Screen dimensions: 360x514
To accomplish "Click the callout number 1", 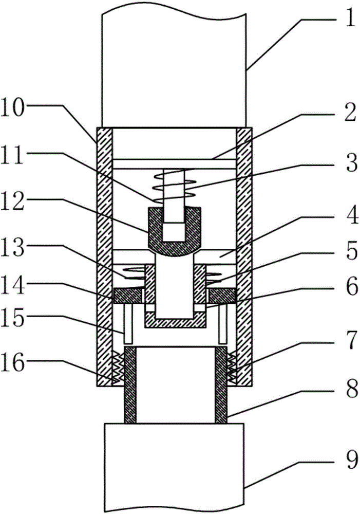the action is pos(350,19).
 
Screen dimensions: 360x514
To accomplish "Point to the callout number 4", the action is pos(351,215).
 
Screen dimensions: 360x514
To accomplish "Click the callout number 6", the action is pos(351,287).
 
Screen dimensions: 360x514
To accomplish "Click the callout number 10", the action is pos(12,108).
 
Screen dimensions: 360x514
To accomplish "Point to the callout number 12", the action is pos(12,202).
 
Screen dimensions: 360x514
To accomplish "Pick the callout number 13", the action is pos(12,248).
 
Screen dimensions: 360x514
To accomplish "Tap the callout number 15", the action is pos(12,318).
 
